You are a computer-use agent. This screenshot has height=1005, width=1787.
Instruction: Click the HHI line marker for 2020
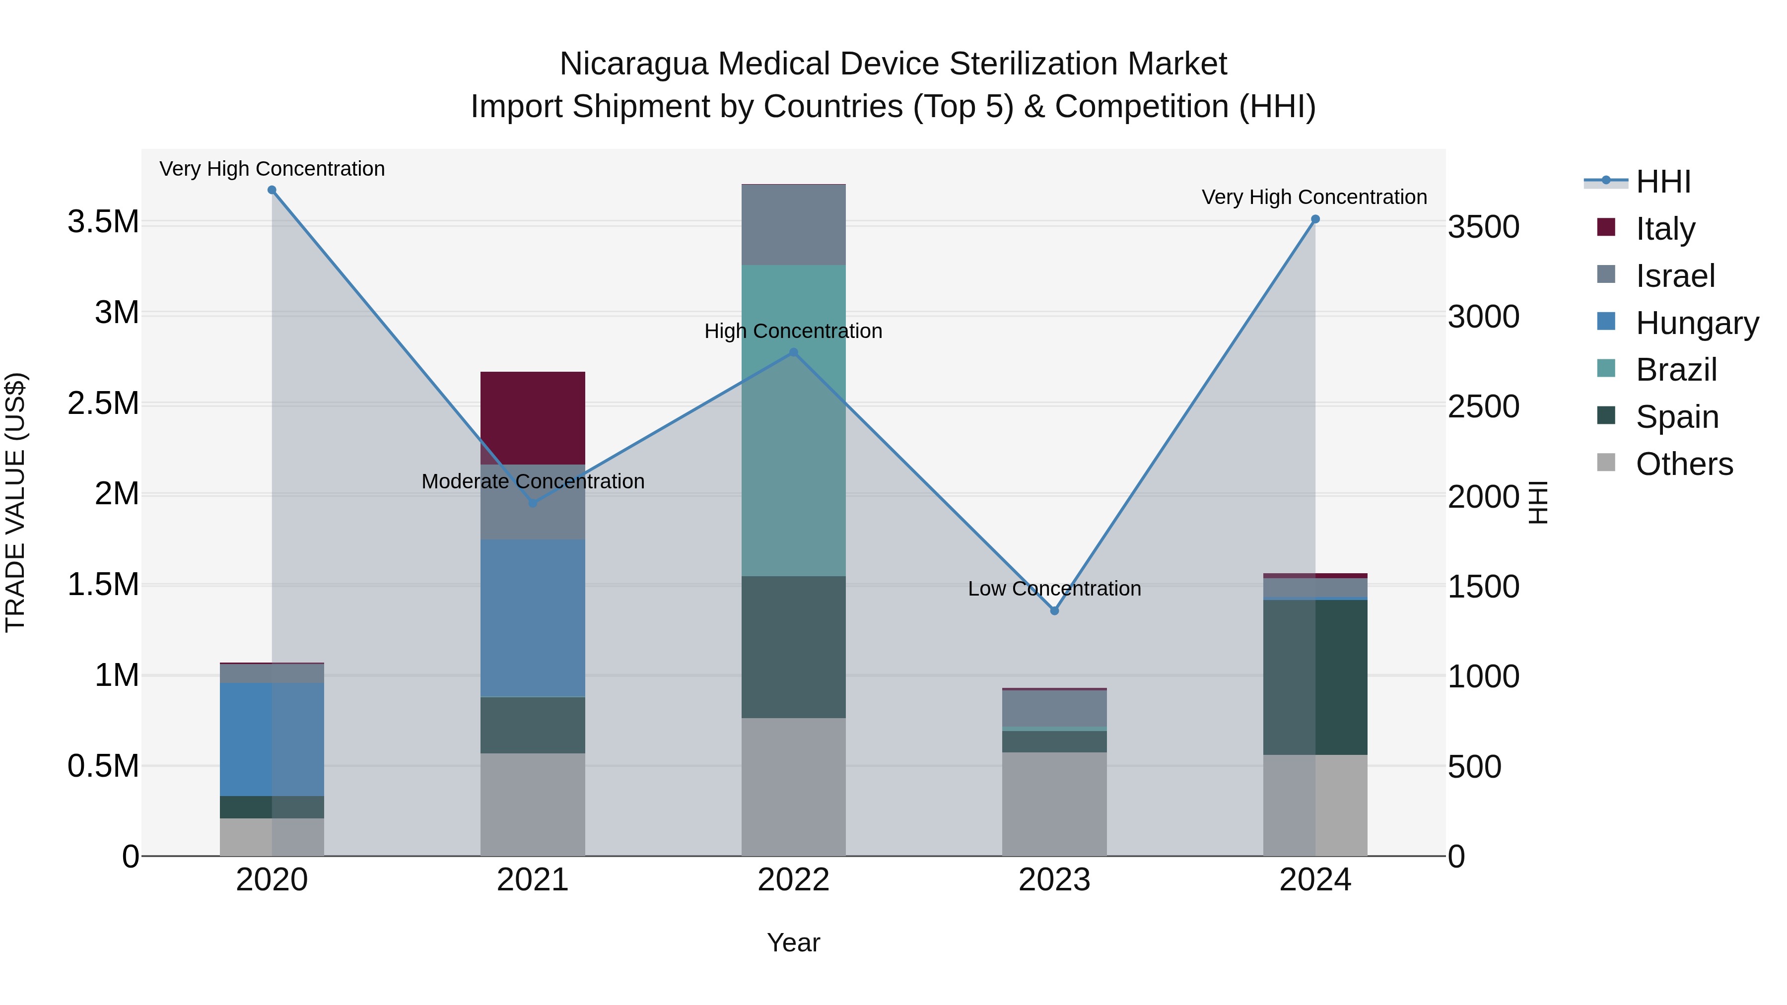(272, 190)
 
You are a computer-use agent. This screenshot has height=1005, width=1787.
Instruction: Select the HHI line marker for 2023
(1054, 610)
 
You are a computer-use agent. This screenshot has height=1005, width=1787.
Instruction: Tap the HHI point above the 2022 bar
(794, 352)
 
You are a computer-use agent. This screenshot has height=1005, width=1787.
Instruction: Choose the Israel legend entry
(1675, 276)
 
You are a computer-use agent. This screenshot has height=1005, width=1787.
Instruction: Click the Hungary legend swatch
(1606, 322)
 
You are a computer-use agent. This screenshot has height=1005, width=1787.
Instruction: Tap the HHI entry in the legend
(1662, 182)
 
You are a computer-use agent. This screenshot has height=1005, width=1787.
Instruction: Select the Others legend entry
(1684, 464)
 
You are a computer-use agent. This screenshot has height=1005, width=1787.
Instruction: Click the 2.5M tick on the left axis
(103, 403)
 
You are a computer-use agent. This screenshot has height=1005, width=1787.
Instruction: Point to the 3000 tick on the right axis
(1484, 317)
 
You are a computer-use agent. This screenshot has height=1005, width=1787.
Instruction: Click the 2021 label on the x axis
(533, 879)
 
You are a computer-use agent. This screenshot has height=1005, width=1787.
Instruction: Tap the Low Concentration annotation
(1054, 588)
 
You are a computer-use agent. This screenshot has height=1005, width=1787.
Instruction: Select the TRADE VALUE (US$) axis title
(16, 502)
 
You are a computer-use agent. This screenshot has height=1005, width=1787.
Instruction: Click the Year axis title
(794, 942)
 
